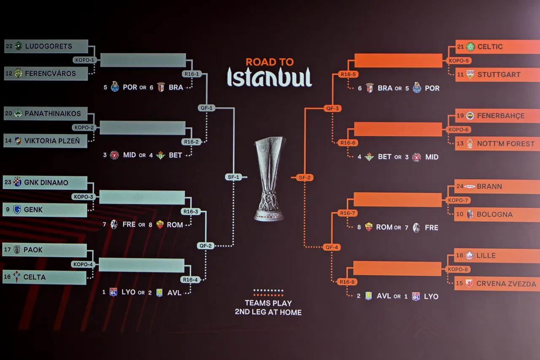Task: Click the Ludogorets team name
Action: [49, 46]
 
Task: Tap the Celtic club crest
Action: [470, 46]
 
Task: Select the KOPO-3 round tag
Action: [83, 197]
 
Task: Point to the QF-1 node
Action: [206, 108]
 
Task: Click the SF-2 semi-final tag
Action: [305, 178]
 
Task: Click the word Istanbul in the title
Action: [270, 77]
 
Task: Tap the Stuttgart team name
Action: [499, 74]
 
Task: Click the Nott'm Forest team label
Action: [505, 144]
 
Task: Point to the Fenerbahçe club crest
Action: [470, 116]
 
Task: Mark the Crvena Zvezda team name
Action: [506, 284]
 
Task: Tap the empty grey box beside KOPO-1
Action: [143, 60]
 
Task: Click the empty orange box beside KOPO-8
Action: [397, 268]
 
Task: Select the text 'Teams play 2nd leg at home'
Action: [268, 308]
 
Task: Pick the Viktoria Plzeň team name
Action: [52, 141]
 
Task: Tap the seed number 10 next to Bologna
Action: [460, 214]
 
